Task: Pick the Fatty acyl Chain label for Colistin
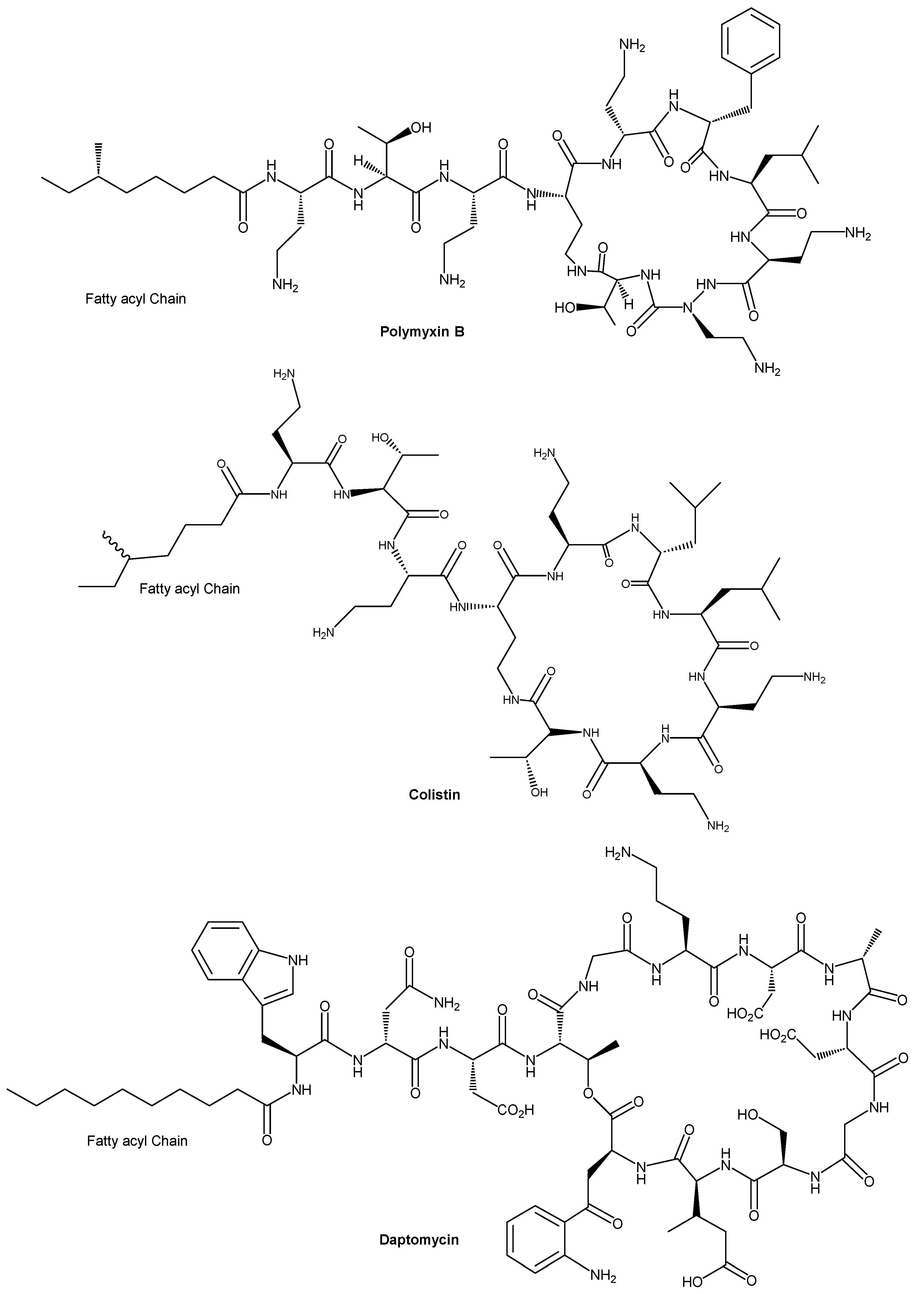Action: pos(189,589)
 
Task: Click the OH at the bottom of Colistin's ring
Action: pos(539,792)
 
